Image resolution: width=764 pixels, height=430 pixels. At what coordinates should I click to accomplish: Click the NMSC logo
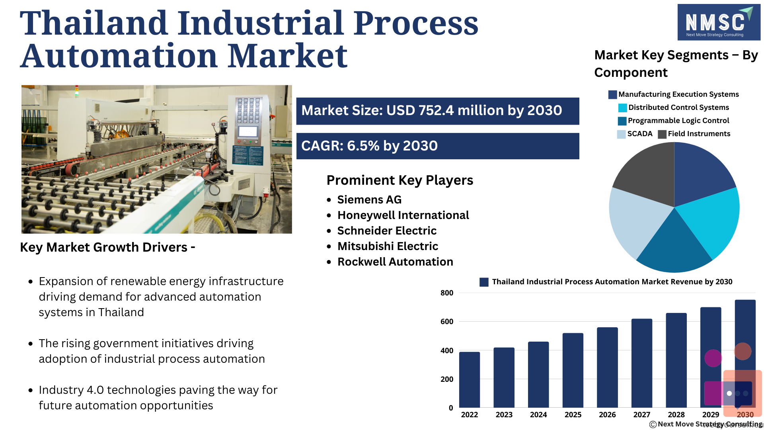(x=719, y=22)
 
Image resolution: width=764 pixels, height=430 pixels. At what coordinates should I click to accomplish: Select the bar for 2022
(x=470, y=380)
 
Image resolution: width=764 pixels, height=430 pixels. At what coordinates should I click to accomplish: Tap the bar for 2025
(x=573, y=370)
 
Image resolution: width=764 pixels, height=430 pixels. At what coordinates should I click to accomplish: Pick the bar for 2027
(x=642, y=363)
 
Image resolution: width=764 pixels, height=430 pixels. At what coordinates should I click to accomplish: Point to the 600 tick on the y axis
(x=447, y=322)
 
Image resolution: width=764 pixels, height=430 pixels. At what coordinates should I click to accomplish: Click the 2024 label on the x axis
(x=538, y=415)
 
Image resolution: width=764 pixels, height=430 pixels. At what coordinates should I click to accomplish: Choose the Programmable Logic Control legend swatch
(x=622, y=121)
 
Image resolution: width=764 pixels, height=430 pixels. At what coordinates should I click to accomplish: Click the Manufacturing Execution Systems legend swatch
(x=613, y=95)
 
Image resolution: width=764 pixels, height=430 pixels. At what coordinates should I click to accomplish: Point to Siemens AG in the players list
(x=369, y=199)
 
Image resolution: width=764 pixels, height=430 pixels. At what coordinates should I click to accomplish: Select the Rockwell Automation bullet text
(x=395, y=262)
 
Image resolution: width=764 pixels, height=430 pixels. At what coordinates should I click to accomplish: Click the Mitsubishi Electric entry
(x=388, y=246)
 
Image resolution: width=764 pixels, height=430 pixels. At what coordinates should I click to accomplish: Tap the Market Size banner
(x=438, y=111)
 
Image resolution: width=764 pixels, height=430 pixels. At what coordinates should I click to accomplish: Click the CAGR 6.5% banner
(x=438, y=146)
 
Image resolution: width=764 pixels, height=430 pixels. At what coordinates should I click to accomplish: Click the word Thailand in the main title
(x=94, y=23)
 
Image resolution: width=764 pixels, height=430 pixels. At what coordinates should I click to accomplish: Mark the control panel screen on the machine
(x=248, y=131)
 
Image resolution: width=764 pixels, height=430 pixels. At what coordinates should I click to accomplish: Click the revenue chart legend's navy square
(x=484, y=282)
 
